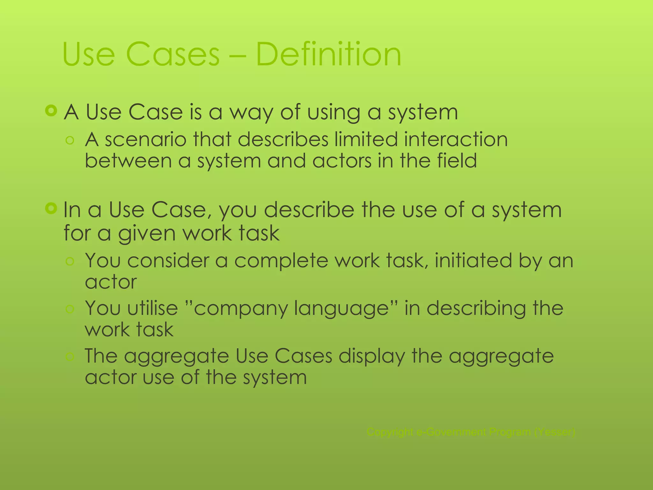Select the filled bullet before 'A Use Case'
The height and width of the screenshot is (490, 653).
coord(51,111)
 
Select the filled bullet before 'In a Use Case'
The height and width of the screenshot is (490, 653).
coord(51,209)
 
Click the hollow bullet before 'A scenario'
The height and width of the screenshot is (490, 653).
coord(70,140)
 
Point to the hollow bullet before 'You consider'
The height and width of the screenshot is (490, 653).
coord(70,262)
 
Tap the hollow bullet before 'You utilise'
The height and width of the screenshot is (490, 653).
coord(70,309)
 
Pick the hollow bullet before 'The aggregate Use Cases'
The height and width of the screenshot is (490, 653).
coord(70,356)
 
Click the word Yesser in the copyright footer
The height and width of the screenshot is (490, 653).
coord(555,432)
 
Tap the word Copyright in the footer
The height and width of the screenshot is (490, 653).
coord(390,432)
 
